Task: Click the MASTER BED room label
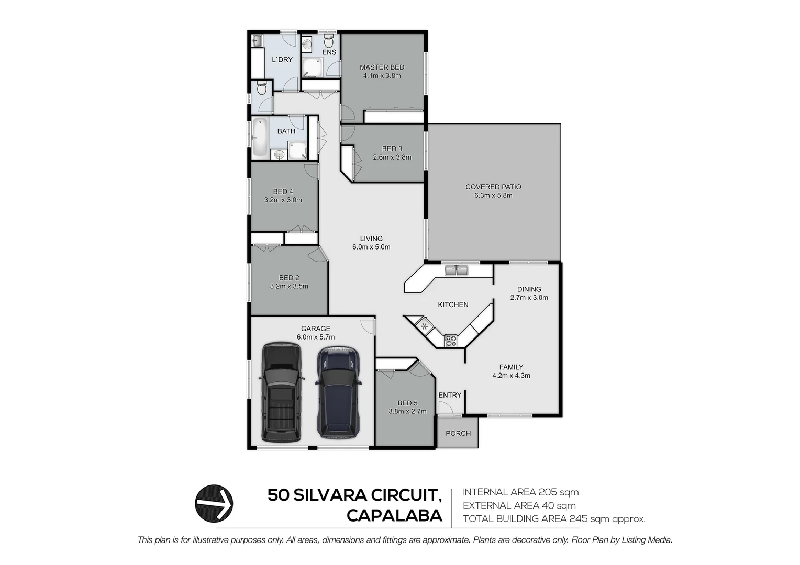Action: point(382,67)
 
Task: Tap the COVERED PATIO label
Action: point(493,187)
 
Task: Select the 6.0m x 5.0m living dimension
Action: point(371,247)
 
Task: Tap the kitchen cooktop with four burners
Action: point(450,341)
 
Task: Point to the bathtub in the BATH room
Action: point(259,138)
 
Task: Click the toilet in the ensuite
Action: point(329,41)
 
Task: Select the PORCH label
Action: point(458,433)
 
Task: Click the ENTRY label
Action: point(450,395)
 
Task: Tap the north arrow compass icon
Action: point(214,503)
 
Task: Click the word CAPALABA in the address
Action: point(394,516)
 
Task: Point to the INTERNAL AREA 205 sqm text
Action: point(520,492)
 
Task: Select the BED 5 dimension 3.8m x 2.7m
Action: point(407,412)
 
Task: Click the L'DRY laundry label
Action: point(282,60)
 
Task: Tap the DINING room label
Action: point(529,289)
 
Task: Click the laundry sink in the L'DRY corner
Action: point(257,40)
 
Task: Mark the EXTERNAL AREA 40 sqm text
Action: point(519,506)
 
